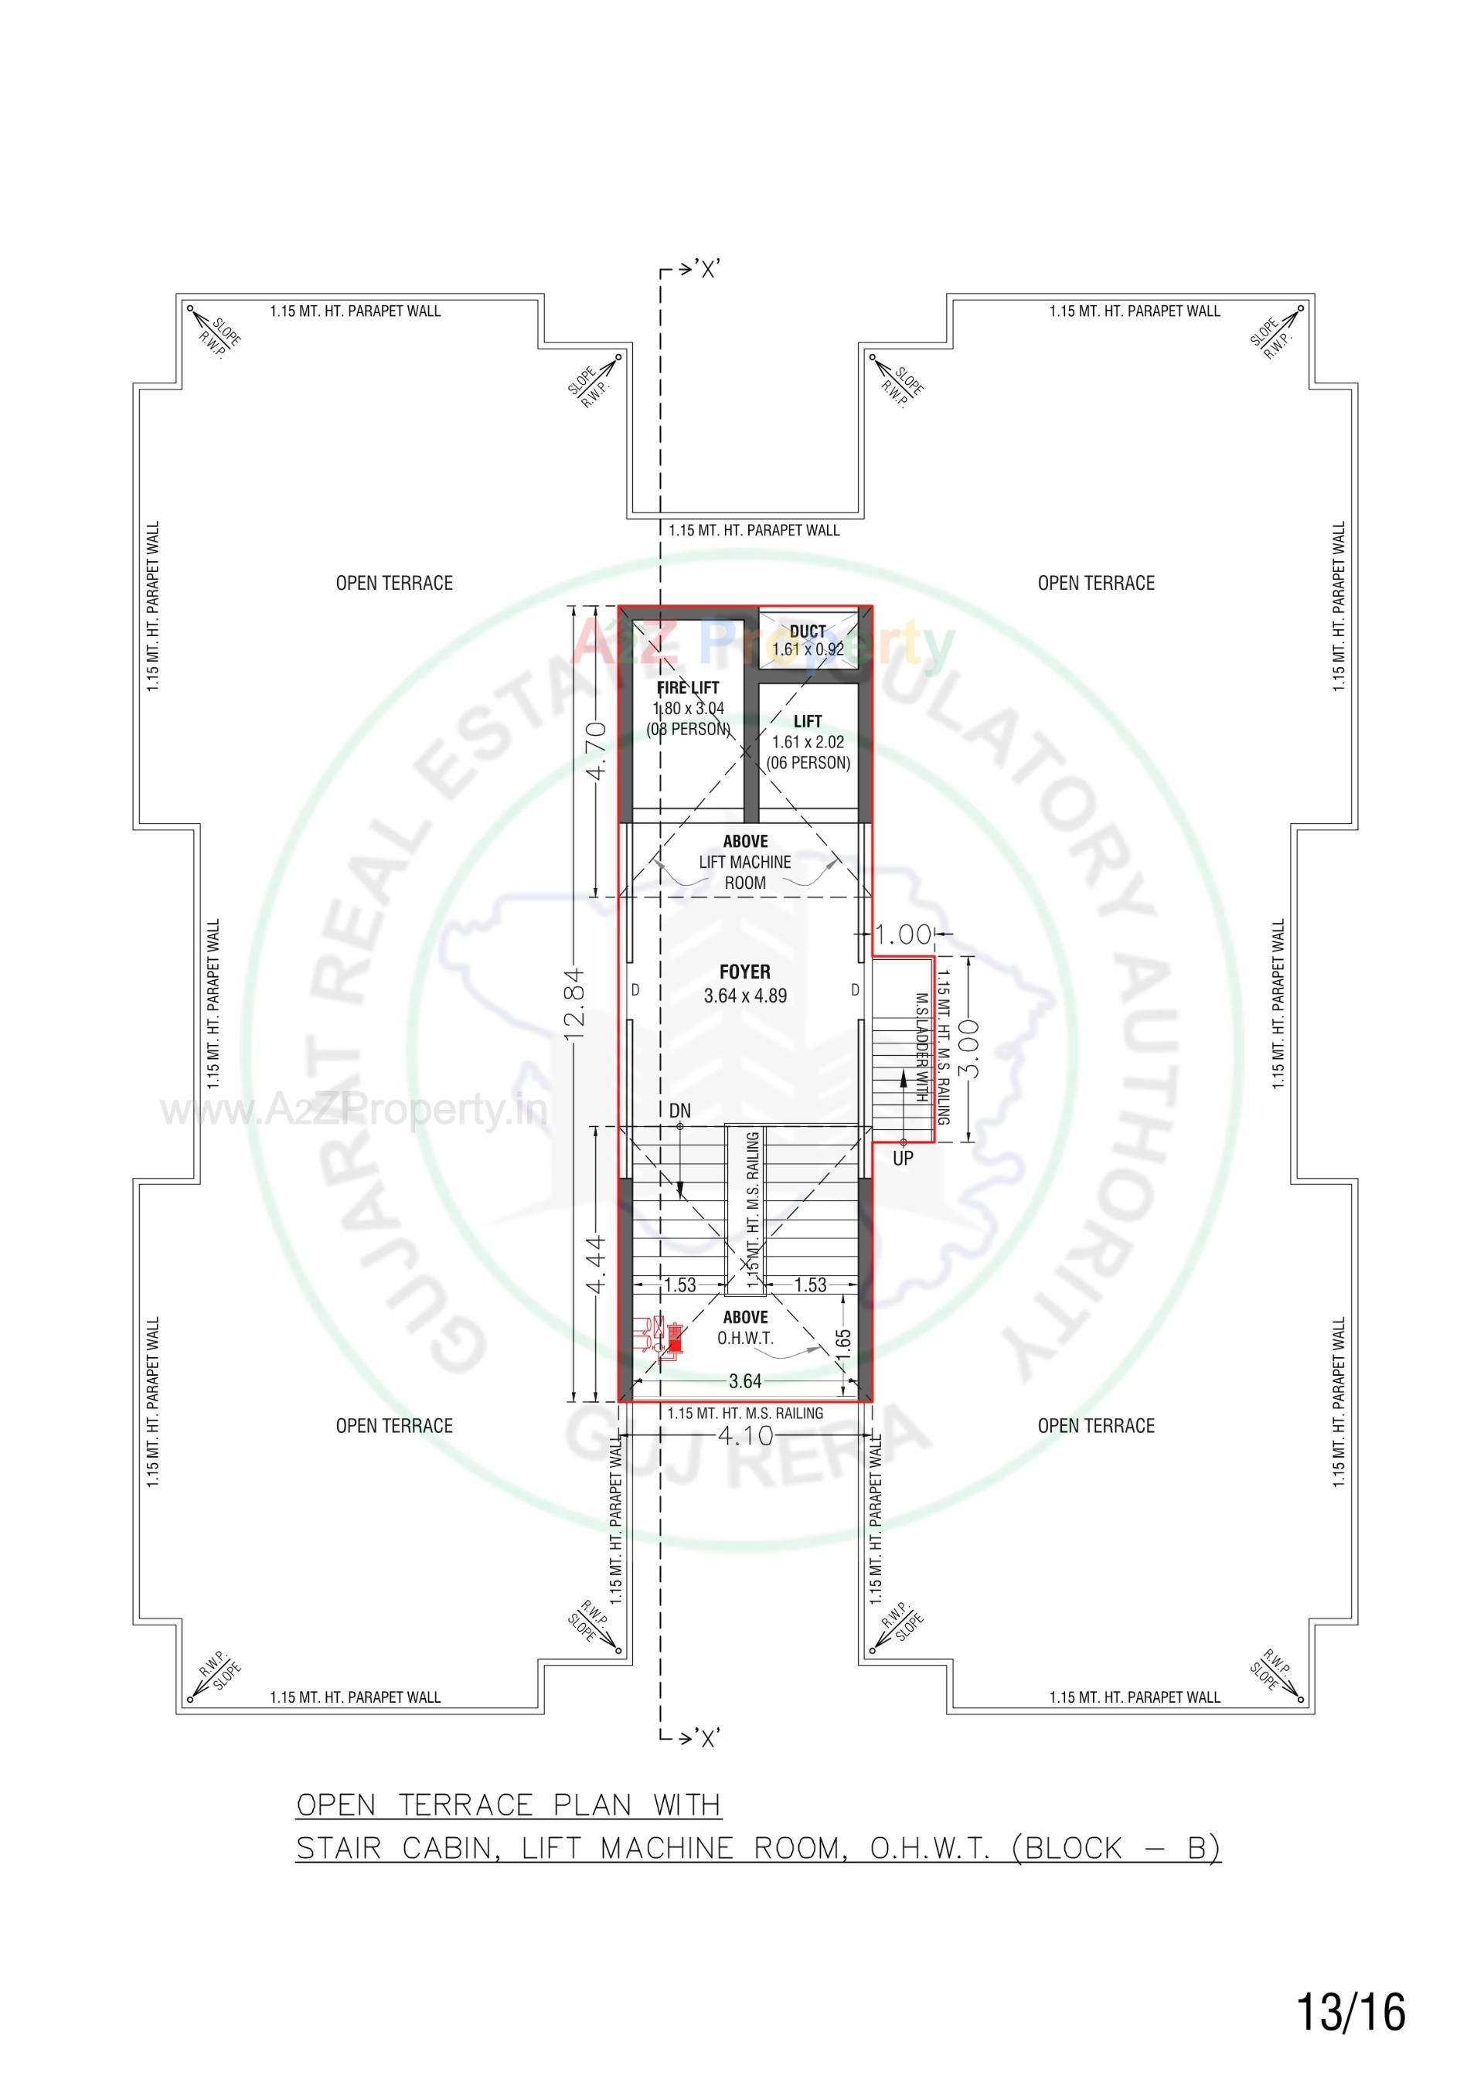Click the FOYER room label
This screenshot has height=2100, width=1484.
coord(745,972)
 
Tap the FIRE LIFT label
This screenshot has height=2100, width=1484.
coord(688,688)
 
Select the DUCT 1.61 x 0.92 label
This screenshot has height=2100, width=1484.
coord(808,640)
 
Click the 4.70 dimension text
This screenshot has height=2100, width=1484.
coord(596,750)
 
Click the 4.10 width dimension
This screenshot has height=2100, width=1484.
coord(746,1435)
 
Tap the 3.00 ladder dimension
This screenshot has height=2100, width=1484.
coord(972,1048)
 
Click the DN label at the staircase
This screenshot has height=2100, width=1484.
coord(680,1111)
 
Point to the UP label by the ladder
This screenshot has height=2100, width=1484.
coord(903,1159)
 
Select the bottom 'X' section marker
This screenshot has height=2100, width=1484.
coord(707,1739)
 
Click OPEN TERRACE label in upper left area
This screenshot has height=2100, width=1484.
coord(394,584)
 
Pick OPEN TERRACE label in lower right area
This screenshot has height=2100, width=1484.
coord(1095,1426)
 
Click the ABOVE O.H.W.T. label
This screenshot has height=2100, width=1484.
coord(746,1327)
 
